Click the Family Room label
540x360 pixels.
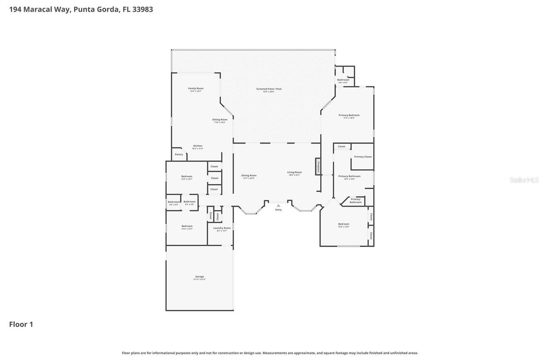coord(195,88)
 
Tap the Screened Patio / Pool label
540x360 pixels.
coord(269,89)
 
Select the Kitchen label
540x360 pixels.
coord(197,146)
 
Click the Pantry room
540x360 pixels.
coord(179,154)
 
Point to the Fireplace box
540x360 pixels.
coord(319,166)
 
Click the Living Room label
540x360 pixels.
coord(294,172)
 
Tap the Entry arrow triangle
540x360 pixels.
coord(278,206)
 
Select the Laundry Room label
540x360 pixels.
coord(221,228)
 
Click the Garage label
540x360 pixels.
coord(199,277)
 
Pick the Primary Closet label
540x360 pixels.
coord(362,157)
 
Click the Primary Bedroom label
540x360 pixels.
coord(349,115)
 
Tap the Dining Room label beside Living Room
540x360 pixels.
coord(248,176)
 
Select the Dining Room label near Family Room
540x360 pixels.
coord(219,119)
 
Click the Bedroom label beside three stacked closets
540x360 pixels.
coord(186,176)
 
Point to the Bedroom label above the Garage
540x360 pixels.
coord(187,226)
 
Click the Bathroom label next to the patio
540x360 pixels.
coord(343,80)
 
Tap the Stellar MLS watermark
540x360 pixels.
coord(524,180)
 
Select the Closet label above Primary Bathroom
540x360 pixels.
coord(341,146)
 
